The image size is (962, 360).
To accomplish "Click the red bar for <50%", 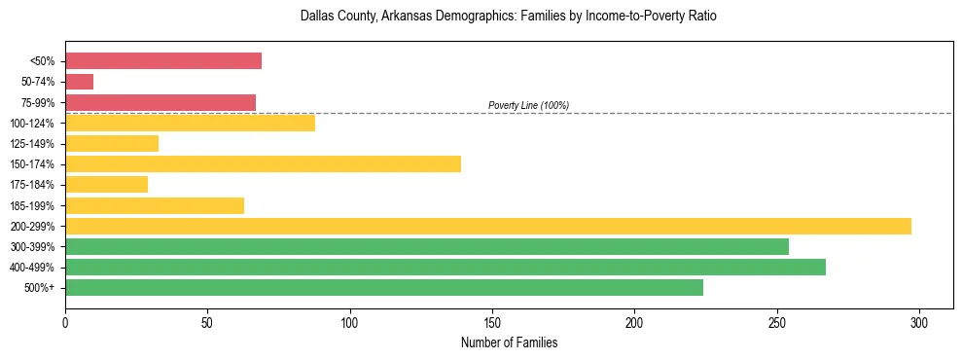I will click(x=163, y=61).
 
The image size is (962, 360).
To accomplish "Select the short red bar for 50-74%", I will click(x=79, y=82).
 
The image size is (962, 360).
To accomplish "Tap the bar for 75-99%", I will click(x=160, y=102).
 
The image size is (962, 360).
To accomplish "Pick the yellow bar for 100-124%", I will click(x=190, y=123).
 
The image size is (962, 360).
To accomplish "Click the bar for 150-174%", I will click(x=263, y=163).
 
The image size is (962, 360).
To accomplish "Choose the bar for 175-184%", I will click(x=106, y=184).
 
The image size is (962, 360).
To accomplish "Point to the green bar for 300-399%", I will click(x=427, y=246).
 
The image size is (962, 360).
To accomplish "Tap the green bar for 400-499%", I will click(x=445, y=267).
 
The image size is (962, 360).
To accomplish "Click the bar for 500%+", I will click(x=384, y=287).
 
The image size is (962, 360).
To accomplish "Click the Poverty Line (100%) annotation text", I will click(x=528, y=105).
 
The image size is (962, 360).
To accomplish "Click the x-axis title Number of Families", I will click(x=509, y=342).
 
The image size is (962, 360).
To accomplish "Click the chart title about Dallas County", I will click(x=509, y=17).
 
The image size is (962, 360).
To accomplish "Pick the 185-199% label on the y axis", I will click(x=32, y=205).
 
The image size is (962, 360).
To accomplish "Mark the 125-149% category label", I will click(x=32, y=144).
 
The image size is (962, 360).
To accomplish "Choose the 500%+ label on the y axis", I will click(x=40, y=288).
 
